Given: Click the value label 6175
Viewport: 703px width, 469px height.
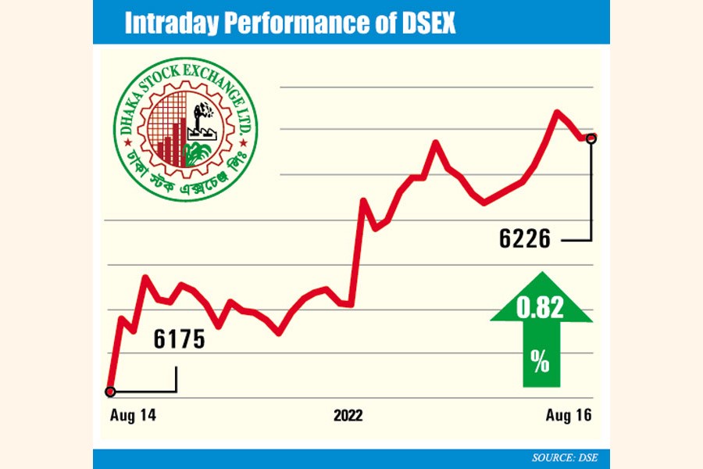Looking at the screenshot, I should coord(178,340).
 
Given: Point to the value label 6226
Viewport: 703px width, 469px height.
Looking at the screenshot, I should coord(525,238).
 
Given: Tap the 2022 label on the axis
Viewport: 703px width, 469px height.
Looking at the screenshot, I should coord(348,414).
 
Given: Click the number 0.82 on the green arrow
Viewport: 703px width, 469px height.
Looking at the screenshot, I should coord(540,310).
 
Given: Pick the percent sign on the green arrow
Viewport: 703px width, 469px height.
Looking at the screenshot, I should coord(540,360).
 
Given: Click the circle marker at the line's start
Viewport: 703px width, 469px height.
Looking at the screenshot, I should coord(111,392).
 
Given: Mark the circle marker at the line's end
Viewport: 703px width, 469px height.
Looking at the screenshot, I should coord(591,138).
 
